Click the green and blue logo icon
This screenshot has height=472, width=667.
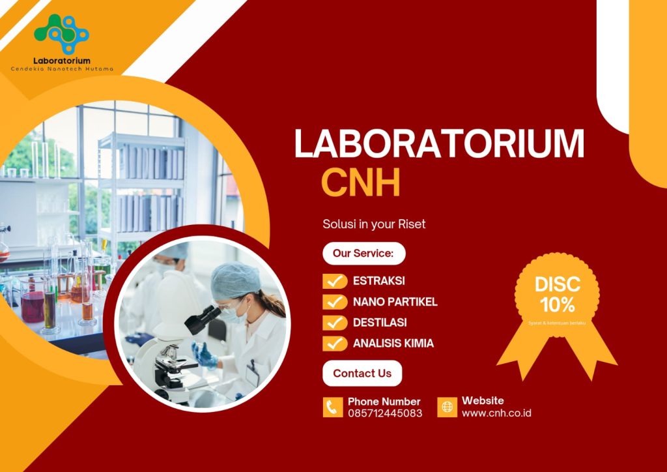pyautogui.click(x=62, y=34)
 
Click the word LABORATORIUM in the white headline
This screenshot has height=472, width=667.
pyautogui.click(x=439, y=144)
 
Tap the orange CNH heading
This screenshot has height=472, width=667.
pyautogui.click(x=361, y=182)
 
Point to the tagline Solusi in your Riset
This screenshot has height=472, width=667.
pyautogui.click(x=374, y=224)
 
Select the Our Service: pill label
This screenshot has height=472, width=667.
pyautogui.click(x=363, y=254)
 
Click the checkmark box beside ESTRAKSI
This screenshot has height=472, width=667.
pyautogui.click(x=335, y=281)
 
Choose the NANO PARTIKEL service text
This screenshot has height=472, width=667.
pyautogui.click(x=395, y=302)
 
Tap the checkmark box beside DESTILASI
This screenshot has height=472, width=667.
pyautogui.click(x=335, y=323)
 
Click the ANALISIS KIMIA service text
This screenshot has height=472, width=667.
pyautogui.click(x=393, y=343)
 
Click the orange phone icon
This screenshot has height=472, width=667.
pyautogui.click(x=333, y=407)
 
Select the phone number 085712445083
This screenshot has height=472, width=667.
pyautogui.click(x=385, y=413)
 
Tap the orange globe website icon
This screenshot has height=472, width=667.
pyautogui.click(x=447, y=407)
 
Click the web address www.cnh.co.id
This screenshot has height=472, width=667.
pyautogui.click(x=496, y=413)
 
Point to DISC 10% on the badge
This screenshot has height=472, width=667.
pyautogui.click(x=558, y=294)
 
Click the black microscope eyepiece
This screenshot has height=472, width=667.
pyautogui.click(x=203, y=319)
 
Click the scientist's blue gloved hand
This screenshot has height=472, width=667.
pyautogui.click(x=205, y=355)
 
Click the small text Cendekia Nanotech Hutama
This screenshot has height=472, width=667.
pyautogui.click(x=62, y=68)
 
